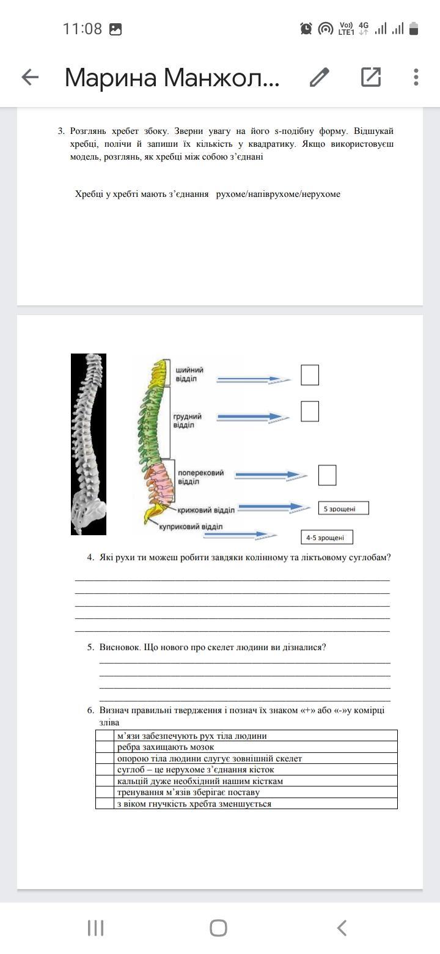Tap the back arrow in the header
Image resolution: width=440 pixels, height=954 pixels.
point(30,77)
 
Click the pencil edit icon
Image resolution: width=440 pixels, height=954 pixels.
point(320,77)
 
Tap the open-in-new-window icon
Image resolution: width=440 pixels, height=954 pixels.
point(371,77)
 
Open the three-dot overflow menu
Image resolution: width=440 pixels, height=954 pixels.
point(416,77)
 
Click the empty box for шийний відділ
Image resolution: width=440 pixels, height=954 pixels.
point(310,375)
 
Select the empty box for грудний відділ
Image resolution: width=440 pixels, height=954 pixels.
point(310,412)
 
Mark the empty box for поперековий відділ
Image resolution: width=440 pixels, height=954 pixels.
point(327,475)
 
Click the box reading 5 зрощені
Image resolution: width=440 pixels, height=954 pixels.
point(343,508)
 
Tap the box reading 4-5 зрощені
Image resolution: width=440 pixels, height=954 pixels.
point(327,538)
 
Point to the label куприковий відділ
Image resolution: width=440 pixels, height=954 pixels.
point(191,527)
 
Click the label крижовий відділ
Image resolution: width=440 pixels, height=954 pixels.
point(207,510)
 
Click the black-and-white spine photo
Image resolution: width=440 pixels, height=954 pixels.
point(89,444)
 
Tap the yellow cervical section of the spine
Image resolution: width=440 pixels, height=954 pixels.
point(158,373)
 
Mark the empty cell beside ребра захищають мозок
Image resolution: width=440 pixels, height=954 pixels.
point(105,747)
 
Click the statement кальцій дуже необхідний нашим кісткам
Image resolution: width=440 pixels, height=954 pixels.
point(200,781)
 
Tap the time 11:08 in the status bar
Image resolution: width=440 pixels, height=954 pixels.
point(82,29)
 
